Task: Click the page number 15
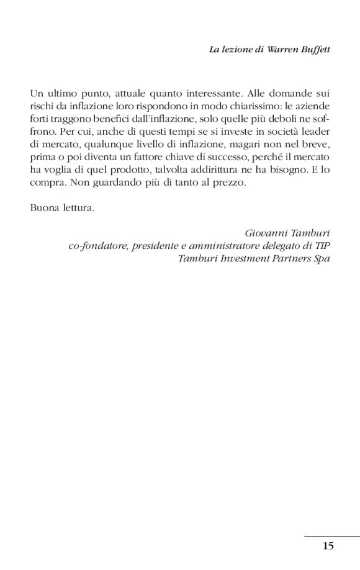tap(328, 546)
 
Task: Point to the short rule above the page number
tap(331, 536)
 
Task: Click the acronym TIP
tap(322, 245)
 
